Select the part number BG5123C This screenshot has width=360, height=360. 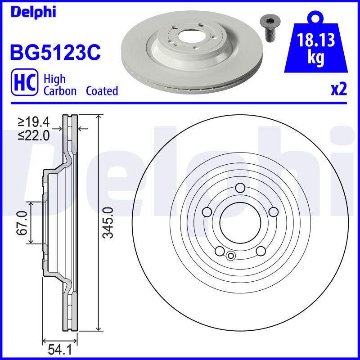pos(55,52)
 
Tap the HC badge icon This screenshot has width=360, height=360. pos(25,82)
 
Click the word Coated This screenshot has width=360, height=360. pos(102,91)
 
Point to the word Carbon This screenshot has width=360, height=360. pos(60,91)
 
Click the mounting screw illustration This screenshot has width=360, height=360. pos(268,29)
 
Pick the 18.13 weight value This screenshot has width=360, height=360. pos(316,40)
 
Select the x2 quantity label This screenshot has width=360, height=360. pos(339,90)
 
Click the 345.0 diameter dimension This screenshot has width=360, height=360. pos(108,222)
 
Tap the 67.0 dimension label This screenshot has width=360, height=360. pos(22,223)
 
